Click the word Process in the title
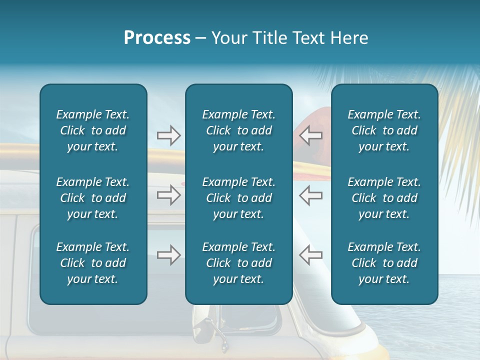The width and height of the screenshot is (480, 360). [157, 38]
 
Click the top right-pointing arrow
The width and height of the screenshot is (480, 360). [168, 135]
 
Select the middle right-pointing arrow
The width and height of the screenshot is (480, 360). [168, 195]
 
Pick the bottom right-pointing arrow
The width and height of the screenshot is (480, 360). [168, 255]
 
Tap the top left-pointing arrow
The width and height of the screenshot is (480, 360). [310, 135]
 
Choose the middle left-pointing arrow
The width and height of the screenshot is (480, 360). [310, 195]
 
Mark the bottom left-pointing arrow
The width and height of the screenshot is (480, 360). [310, 255]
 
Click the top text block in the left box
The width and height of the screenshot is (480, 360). [93, 130]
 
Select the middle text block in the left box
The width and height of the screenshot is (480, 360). [93, 198]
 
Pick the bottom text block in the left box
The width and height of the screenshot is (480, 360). [93, 263]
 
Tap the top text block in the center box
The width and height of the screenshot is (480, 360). [238, 130]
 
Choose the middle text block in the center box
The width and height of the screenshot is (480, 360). [238, 198]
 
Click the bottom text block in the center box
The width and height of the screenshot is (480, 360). [238, 263]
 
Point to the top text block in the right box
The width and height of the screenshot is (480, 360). [384, 130]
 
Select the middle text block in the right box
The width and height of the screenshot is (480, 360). [384, 198]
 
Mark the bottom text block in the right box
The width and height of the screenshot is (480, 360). [384, 263]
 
